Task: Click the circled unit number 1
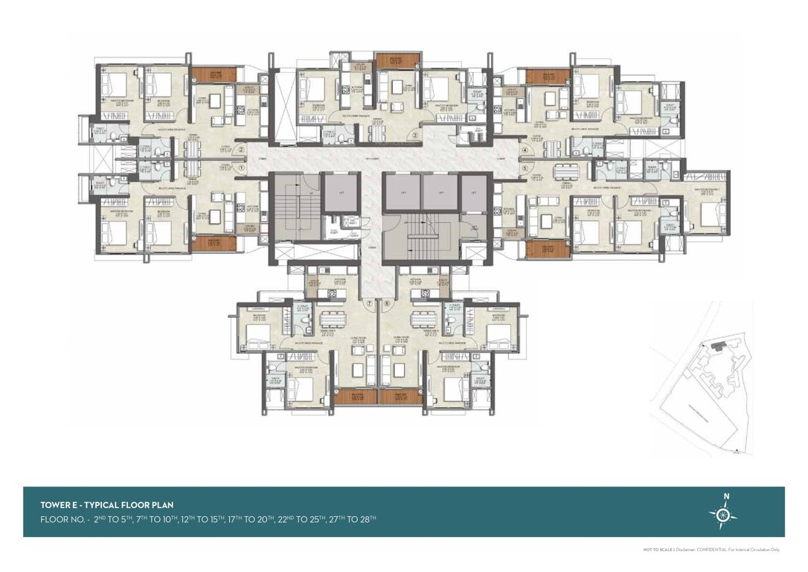tap(241, 168)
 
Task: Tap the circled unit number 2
tap(241, 149)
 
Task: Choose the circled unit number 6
tap(387, 304)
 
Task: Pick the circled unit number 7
tap(369, 304)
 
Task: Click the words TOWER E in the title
tap(60, 505)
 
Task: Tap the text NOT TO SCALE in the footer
tap(658, 550)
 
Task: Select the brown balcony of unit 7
tap(355, 397)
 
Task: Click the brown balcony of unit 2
tap(213, 74)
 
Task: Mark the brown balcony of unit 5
tap(548, 249)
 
